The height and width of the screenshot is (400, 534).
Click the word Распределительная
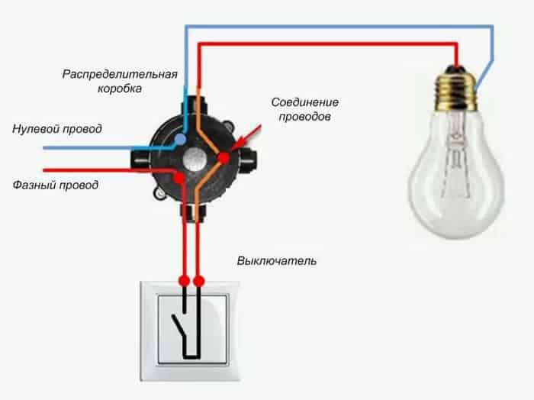tap(120, 75)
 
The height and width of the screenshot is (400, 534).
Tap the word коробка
tap(120, 89)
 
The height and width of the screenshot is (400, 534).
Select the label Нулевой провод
tap(57, 129)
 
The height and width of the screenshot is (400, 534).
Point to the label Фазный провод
tap(56, 185)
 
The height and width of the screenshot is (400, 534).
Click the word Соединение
tap(305, 102)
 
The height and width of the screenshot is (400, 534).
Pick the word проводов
tap(305, 117)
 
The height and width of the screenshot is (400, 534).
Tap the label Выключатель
tap(276, 261)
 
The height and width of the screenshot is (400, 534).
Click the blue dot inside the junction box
tap(180, 139)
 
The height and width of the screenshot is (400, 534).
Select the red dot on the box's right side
tap(224, 157)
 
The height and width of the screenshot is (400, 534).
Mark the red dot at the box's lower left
tap(179, 177)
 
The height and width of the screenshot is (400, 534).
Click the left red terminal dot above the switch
tap(185, 281)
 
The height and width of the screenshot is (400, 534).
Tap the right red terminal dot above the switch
tap(198, 281)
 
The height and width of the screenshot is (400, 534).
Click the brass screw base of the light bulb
tap(456, 91)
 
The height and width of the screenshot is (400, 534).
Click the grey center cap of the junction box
tap(194, 159)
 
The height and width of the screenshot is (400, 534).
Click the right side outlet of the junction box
tap(249, 160)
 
